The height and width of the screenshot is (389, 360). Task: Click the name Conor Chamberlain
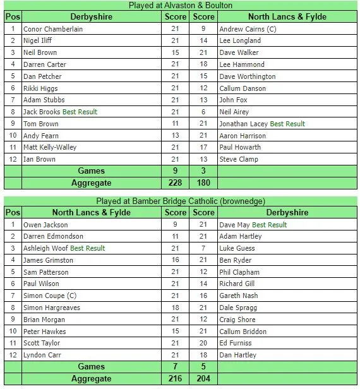tap(53, 29)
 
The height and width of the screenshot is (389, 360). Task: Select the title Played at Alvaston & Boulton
tap(181, 6)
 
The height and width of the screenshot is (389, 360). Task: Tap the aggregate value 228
tap(176, 183)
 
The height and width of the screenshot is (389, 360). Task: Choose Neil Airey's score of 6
tap(203, 112)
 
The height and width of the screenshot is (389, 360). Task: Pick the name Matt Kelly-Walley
tap(50, 147)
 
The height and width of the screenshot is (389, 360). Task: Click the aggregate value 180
tap(203, 183)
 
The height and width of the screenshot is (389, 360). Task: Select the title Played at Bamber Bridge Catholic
tap(181, 201)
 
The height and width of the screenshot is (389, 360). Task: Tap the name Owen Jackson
tap(46, 225)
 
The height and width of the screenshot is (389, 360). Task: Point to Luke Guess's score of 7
tap(203, 248)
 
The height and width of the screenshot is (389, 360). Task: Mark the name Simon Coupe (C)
tap(50, 296)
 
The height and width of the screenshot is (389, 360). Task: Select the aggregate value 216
tap(176, 378)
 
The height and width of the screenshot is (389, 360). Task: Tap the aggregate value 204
tap(203, 378)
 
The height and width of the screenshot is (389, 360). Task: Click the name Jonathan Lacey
tap(243, 124)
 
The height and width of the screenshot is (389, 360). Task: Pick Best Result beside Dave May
tap(269, 225)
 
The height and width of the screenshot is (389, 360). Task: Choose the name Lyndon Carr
tap(43, 355)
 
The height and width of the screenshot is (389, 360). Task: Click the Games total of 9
tap(176, 171)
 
